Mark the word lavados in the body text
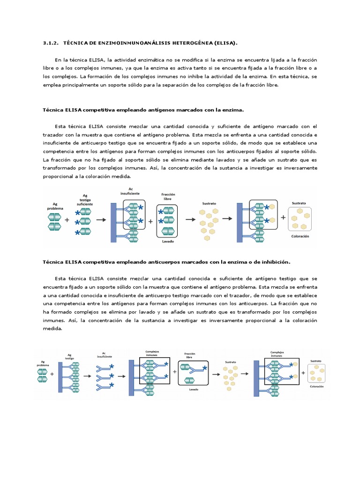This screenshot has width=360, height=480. coord(200,160)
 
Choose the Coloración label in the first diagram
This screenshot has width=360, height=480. coord(300,237)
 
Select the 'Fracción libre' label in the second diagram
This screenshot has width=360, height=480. coord(189,355)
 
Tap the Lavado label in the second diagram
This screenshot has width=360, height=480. coord(193,389)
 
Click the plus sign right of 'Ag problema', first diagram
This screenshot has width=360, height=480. coord(67,219)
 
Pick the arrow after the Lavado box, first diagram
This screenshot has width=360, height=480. coord(191,219)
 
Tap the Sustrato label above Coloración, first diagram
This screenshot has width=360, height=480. coord(299,203)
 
